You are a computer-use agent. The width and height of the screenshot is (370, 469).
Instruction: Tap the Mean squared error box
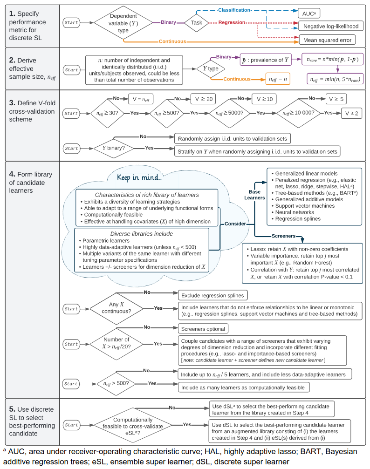coord(327,40)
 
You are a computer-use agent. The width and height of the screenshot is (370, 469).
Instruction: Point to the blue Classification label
coord(234,9)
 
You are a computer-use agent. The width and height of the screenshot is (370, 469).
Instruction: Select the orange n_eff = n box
coord(277,79)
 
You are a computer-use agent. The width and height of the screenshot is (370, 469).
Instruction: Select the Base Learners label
coord(254,195)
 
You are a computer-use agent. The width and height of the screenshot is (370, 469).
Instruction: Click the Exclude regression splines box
coord(212,295)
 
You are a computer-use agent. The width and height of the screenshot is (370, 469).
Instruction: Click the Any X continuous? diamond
coord(116,308)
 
